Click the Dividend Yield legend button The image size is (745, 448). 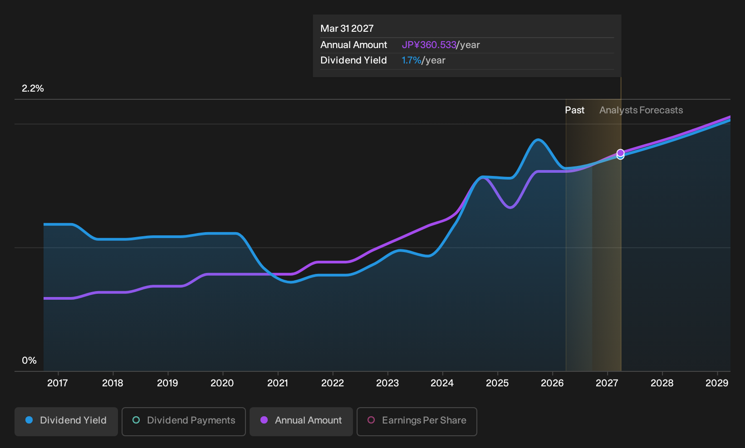click(x=66, y=421)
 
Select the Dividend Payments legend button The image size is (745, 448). click(x=184, y=421)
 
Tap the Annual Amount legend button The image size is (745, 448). click(x=301, y=421)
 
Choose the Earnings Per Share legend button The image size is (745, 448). click(x=417, y=421)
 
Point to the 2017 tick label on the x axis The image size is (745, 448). click(x=58, y=383)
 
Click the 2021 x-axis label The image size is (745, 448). click(x=278, y=383)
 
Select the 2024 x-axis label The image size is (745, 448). click(x=442, y=383)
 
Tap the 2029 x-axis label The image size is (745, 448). click(x=717, y=383)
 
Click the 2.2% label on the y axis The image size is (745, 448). click(x=33, y=88)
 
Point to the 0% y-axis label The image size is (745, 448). click(x=29, y=360)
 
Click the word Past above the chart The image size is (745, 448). click(x=575, y=110)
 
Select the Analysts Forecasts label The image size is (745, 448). click(x=641, y=110)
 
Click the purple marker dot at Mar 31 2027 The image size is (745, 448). click(x=620, y=153)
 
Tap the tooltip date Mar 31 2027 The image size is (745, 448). click(x=347, y=29)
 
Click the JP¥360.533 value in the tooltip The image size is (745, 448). click(x=429, y=45)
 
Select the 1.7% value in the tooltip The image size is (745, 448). click(x=412, y=60)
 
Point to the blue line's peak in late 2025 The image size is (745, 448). click(x=538, y=140)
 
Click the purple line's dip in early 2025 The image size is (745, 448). click(x=510, y=208)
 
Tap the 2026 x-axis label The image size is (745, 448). click(x=553, y=383)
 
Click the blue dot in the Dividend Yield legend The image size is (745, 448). click(x=29, y=420)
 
